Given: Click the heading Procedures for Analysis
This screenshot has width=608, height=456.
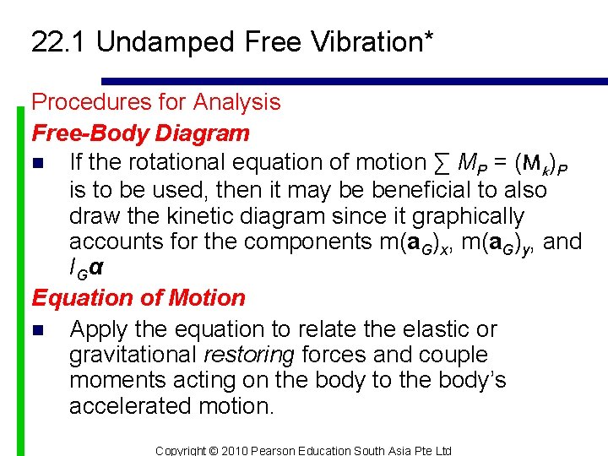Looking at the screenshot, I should [156, 102].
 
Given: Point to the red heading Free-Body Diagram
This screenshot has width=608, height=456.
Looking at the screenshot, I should [140, 133].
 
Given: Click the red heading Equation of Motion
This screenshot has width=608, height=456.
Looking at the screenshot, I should [138, 298].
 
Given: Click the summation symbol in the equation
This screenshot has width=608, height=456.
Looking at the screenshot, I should [442, 161].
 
